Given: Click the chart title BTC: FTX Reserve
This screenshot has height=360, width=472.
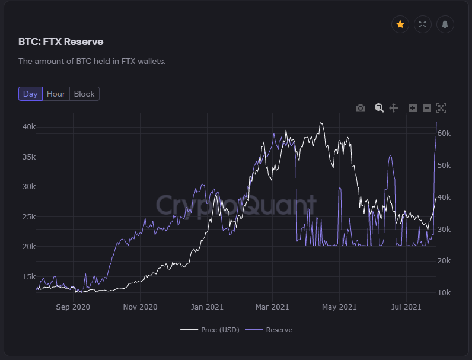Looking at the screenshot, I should click(61, 42).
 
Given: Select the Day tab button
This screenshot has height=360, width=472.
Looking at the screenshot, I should click(30, 94).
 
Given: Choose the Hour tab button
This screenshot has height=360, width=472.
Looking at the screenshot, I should click(56, 94).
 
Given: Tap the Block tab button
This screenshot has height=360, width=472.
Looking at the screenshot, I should click(84, 94).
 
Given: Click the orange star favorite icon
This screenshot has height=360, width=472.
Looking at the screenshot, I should click(400, 24).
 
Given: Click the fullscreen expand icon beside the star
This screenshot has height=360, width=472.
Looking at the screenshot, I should click(423, 24).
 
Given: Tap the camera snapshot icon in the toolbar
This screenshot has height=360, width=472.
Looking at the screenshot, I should click(361, 108).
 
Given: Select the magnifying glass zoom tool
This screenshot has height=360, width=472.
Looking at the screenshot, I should click(379, 108).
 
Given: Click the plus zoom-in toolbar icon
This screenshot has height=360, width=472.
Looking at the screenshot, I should click(413, 108).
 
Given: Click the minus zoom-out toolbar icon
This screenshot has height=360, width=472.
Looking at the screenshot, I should click(426, 108).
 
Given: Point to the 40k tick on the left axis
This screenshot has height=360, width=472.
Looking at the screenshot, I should click(28, 127).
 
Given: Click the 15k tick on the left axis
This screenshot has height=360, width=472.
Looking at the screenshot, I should click(28, 276).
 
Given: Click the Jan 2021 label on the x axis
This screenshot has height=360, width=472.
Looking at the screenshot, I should click(207, 307).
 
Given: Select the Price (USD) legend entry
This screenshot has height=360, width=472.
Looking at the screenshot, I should click(210, 330).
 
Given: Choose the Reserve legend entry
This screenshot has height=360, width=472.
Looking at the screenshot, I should click(272, 330).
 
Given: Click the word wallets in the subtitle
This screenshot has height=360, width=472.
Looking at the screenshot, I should click(149, 61).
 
